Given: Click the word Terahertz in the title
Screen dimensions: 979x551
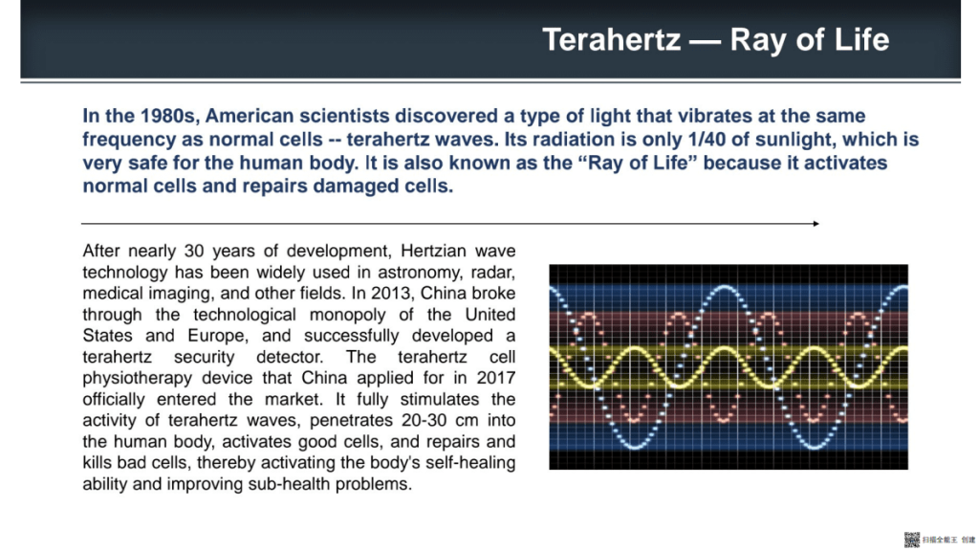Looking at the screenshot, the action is pyautogui.click(x=611, y=40).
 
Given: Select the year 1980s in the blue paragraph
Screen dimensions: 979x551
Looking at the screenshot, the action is pyautogui.click(x=168, y=116).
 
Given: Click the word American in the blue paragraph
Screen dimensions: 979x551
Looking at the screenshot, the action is pyautogui.click(x=250, y=116).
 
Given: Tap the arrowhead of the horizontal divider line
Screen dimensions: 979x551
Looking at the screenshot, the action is pyautogui.click(x=816, y=224).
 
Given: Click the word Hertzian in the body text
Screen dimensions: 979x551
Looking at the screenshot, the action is pyautogui.click(x=433, y=251).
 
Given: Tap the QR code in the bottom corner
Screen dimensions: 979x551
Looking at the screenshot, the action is pyautogui.click(x=911, y=540).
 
